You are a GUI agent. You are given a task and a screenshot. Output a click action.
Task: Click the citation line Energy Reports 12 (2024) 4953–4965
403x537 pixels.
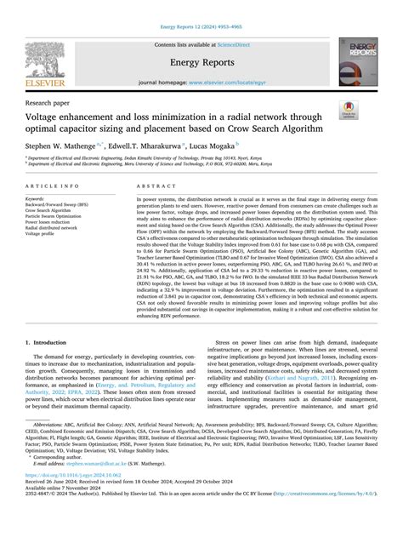coord(201,9)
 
